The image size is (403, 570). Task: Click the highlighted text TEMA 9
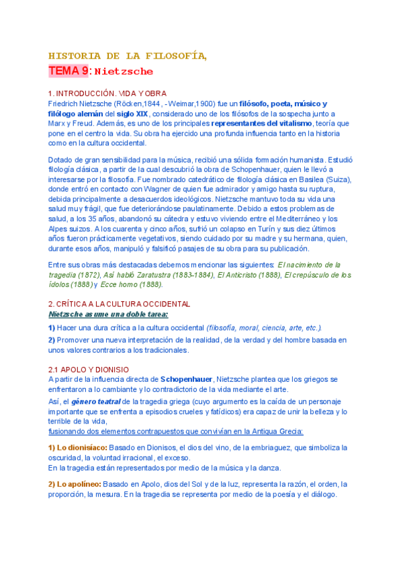click(68, 71)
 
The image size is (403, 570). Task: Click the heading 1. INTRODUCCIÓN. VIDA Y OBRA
click(107, 93)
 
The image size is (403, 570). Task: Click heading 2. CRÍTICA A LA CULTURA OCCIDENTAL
click(119, 304)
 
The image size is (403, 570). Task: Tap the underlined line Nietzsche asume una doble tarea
click(108, 314)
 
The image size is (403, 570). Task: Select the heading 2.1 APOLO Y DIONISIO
click(89, 370)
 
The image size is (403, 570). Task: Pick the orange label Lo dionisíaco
click(77, 447)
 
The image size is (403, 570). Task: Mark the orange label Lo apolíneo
click(74, 484)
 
